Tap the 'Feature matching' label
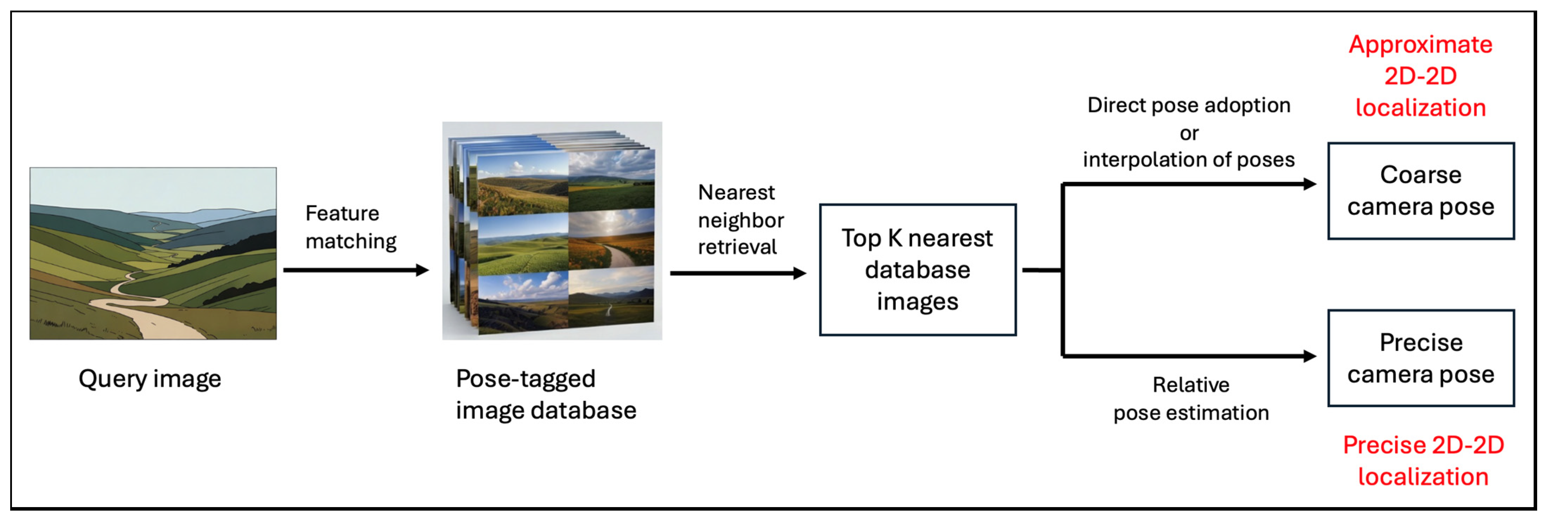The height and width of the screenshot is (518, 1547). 351,227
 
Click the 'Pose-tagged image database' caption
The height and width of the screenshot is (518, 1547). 545,395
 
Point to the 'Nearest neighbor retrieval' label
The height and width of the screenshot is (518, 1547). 740,220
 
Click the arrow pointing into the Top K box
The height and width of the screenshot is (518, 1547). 738,274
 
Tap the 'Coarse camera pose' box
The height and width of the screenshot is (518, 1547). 1420,191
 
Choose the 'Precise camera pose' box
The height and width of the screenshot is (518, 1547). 1420,358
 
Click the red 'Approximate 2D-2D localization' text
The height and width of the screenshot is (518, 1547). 1420,76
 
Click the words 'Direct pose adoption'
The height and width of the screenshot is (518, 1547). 1188,105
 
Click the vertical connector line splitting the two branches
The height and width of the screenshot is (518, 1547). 1063,270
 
